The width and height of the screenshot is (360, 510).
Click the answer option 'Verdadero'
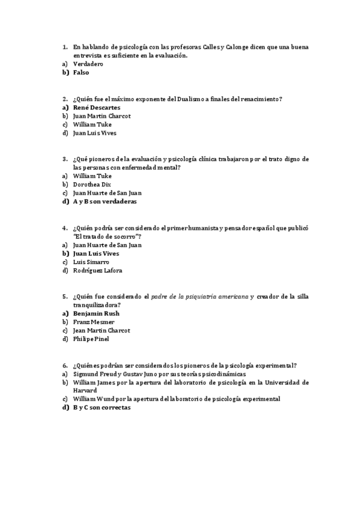(x=88, y=64)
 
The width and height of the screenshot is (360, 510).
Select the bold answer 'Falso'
(x=81, y=72)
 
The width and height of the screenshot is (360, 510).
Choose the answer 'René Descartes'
(x=96, y=107)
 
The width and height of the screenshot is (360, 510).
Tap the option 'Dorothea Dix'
(x=92, y=185)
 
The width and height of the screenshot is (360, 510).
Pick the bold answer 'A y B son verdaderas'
(x=105, y=202)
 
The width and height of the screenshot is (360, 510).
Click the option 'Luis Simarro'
(x=91, y=262)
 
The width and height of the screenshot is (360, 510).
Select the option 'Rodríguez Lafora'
(x=97, y=271)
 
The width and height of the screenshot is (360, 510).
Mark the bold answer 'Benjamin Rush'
(x=96, y=313)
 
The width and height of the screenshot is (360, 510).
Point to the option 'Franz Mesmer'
(x=93, y=322)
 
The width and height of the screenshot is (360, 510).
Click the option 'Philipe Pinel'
(x=91, y=339)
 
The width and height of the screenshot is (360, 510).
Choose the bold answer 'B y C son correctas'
(x=102, y=407)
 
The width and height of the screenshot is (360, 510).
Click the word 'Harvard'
(x=85, y=390)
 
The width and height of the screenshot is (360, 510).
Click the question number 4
(x=64, y=228)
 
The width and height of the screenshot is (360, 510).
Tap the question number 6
(x=64, y=365)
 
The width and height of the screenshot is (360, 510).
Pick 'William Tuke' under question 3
(x=92, y=176)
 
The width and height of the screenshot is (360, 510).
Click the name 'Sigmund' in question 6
(x=87, y=373)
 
